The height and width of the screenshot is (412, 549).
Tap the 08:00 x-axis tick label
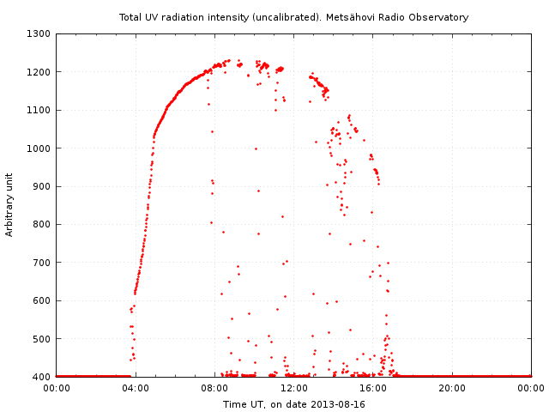214,388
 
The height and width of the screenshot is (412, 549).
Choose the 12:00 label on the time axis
294,388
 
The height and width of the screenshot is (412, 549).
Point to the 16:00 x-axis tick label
373,388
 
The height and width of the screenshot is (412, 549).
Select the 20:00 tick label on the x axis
452,388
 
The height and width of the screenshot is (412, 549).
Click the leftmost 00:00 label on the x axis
57,388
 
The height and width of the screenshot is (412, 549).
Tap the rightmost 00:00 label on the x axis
531,388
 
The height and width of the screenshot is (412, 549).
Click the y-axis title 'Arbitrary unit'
9,205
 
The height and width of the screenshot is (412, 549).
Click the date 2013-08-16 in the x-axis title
338,404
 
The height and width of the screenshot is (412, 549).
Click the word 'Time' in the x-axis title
234,404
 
